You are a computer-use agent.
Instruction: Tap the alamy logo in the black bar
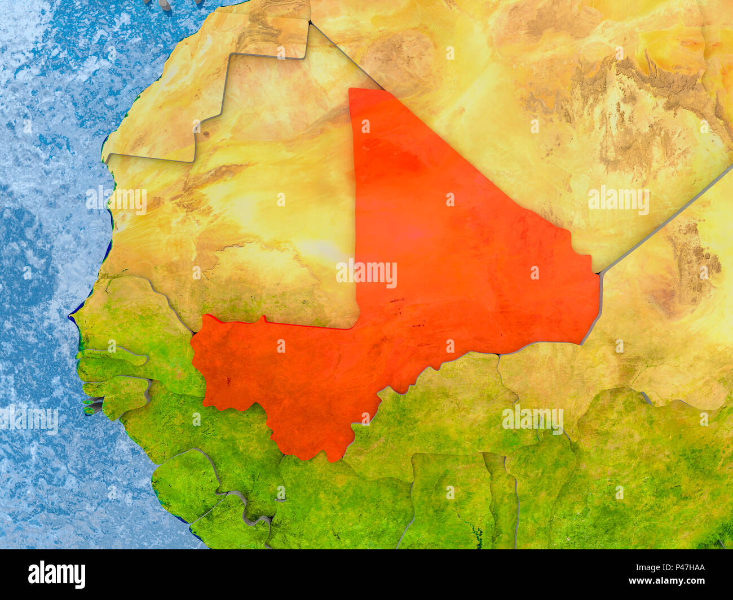57,574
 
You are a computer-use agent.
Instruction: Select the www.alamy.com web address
671,581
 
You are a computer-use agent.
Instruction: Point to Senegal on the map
135,327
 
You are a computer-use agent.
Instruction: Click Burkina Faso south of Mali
451,406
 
